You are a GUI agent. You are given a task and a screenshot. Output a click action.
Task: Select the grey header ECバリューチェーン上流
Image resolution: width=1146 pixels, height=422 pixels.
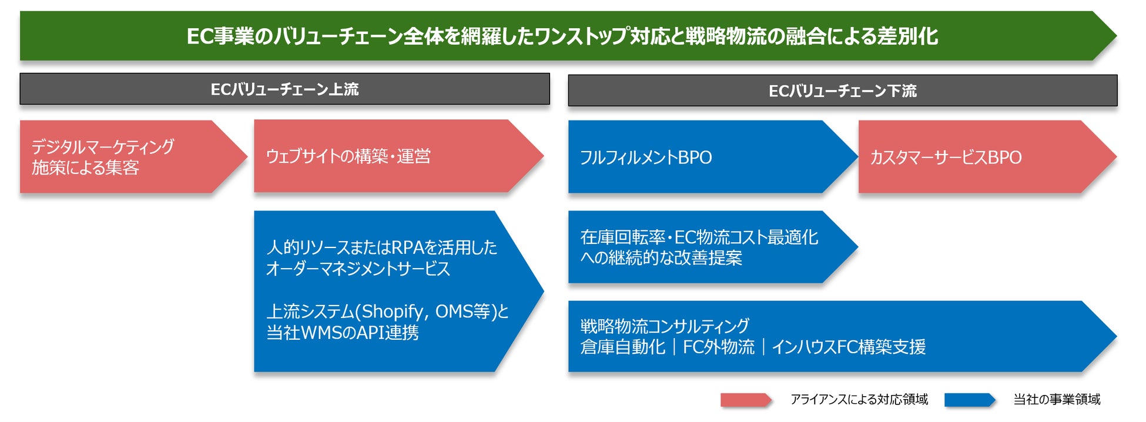[x=284, y=89]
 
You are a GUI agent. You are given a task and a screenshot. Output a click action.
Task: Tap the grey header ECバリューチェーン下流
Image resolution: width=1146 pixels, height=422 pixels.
[x=842, y=91]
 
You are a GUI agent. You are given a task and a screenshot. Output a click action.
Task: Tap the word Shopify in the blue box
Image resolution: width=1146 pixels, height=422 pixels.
[x=392, y=312]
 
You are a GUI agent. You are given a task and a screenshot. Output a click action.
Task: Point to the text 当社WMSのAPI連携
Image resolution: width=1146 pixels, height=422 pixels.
[x=343, y=333]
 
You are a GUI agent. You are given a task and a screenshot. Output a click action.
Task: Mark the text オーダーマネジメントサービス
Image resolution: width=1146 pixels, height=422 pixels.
[x=358, y=269]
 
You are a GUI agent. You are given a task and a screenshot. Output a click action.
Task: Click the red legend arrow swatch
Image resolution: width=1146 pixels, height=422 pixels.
[x=745, y=400]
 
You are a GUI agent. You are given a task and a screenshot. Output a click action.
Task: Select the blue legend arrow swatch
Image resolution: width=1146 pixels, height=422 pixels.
[x=969, y=400]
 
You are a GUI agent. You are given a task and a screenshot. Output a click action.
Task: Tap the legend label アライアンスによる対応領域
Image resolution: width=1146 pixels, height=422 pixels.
[x=859, y=400]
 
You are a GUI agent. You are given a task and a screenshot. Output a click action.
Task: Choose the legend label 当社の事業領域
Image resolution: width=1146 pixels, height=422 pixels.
[x=1057, y=400]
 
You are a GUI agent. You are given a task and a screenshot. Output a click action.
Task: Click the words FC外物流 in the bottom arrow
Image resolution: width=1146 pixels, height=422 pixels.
[x=718, y=347]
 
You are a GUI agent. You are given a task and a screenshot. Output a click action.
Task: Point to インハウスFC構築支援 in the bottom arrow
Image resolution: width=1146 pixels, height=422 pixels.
[x=849, y=347]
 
